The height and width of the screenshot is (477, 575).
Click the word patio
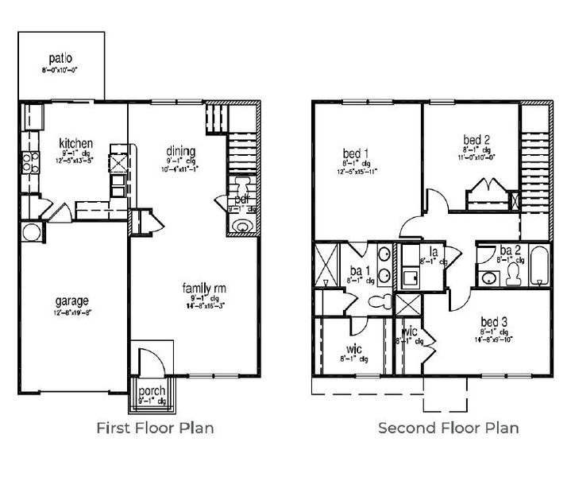click(x=60, y=57)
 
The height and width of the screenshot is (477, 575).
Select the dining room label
click(x=180, y=150)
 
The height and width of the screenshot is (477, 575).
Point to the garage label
click(x=72, y=301)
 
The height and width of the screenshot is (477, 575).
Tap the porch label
click(x=151, y=392)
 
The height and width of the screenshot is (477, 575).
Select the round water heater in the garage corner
click(x=32, y=232)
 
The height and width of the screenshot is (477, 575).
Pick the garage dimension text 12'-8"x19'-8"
click(x=72, y=312)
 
